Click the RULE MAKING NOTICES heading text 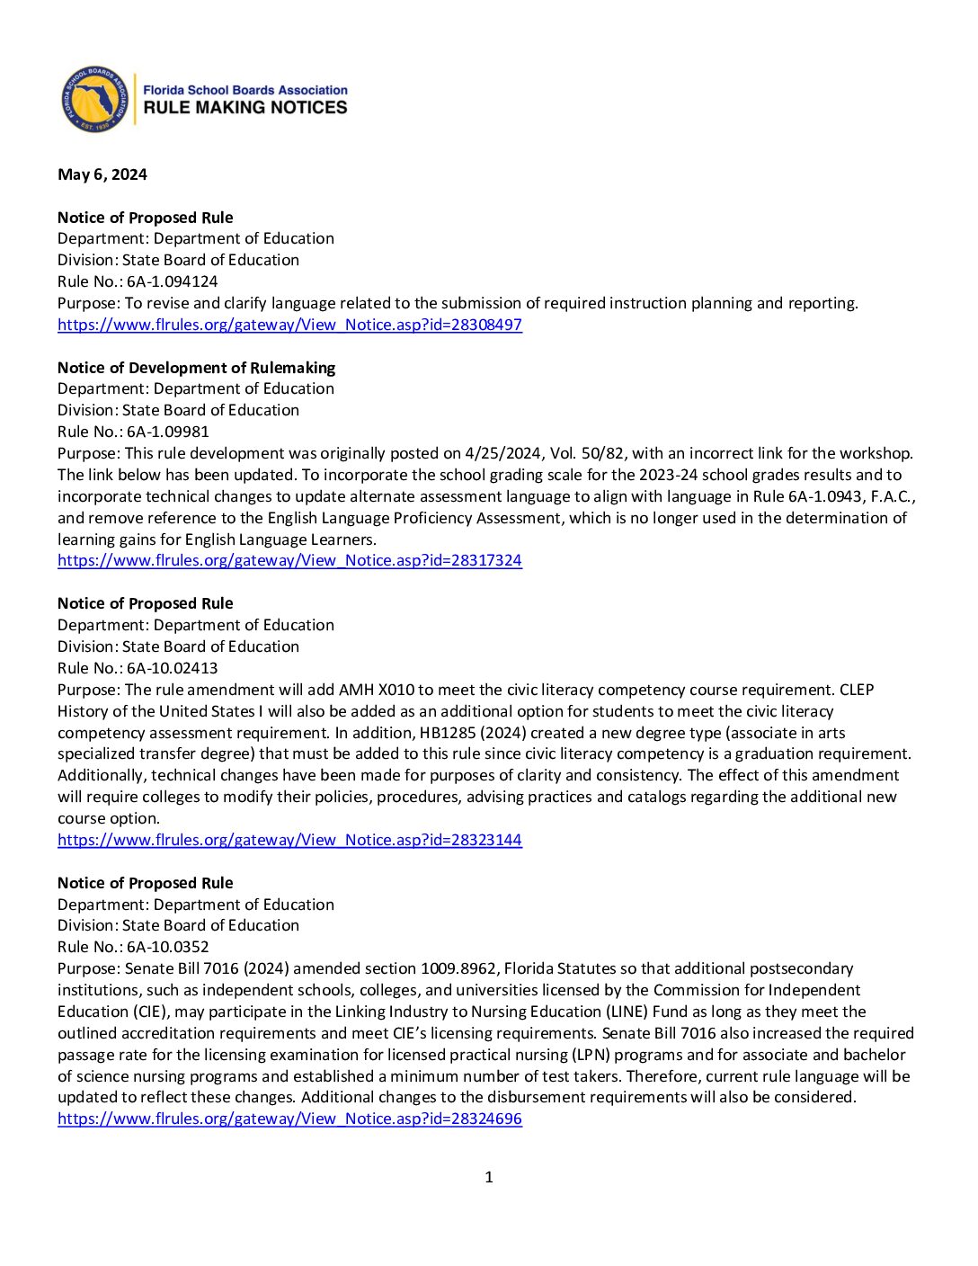(245, 108)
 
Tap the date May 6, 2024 (102, 174)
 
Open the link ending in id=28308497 (289, 325)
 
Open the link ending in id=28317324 (289, 560)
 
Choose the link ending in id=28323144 (289, 840)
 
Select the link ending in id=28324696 (289, 1119)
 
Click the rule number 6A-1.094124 (172, 281)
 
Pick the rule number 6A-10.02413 (172, 668)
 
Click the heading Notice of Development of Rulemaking (196, 368)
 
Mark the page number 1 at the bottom (489, 1177)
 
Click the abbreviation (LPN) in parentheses (591, 1055)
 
